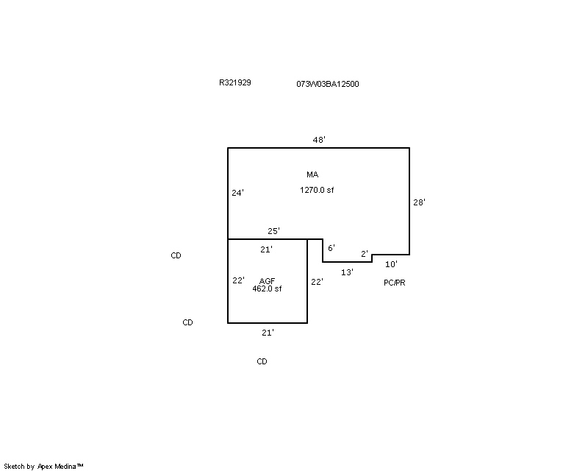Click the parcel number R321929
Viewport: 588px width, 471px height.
pos(235,82)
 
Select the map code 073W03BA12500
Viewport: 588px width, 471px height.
pos(328,84)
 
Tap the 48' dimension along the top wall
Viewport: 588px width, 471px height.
pos(319,140)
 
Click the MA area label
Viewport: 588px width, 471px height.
pos(313,174)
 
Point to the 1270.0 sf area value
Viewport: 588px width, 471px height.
pos(317,190)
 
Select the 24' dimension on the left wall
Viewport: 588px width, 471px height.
pos(237,193)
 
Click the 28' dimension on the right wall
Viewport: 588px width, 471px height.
pos(419,202)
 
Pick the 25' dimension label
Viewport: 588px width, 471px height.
pos(273,231)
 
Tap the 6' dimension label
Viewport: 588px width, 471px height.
pos(331,248)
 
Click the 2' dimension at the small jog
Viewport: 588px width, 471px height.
pos(365,254)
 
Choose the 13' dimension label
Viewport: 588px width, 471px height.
pos(347,272)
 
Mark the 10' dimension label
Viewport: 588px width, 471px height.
pos(392,264)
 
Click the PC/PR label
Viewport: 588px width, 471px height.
pos(395,283)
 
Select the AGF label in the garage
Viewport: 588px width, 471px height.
pos(267,281)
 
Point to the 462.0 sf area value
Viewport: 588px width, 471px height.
pos(267,288)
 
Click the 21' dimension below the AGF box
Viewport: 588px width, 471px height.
pos(268,333)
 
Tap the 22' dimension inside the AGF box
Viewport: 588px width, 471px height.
pos(238,280)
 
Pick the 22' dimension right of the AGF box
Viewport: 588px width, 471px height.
pos(318,282)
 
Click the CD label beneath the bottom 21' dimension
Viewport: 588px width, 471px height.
pos(262,361)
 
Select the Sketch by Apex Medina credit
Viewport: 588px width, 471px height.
pos(43,467)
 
